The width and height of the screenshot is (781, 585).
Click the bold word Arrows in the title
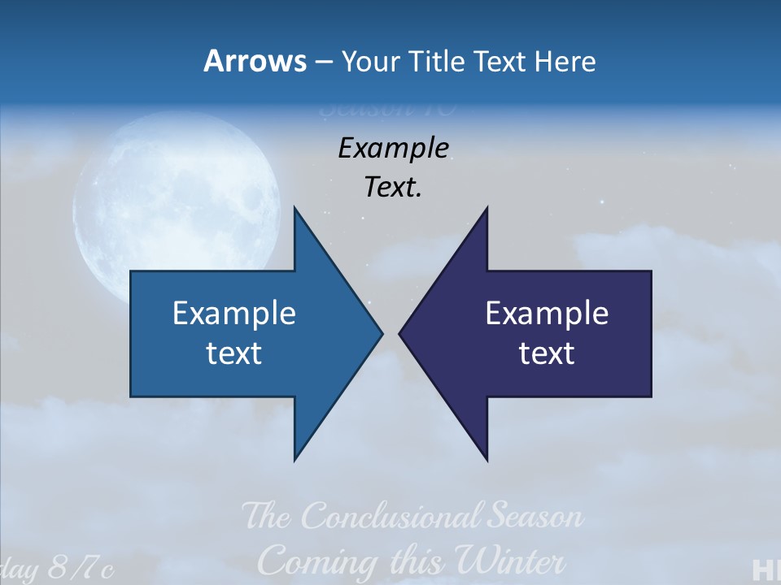tap(255, 61)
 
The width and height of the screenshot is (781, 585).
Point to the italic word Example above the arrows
tap(393, 148)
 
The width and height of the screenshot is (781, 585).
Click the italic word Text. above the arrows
tap(393, 188)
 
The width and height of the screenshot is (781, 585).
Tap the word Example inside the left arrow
tap(234, 313)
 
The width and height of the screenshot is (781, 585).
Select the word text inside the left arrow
tap(234, 353)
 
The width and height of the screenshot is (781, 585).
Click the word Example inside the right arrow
tap(547, 313)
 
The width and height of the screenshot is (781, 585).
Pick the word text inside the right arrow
tap(547, 353)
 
